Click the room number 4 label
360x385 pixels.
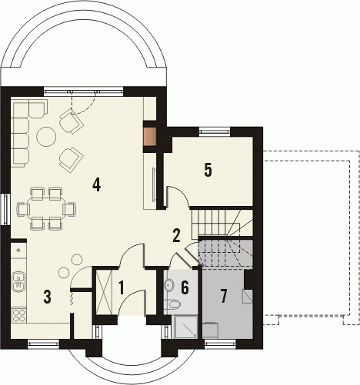tap(97, 185)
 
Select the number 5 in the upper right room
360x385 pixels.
tap(208, 170)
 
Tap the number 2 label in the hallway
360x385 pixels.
tap(176, 236)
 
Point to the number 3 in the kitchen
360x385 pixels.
tap(47, 297)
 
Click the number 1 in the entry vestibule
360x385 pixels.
tap(122, 287)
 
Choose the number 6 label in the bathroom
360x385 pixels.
tap(185, 287)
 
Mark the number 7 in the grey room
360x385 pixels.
tap(224, 297)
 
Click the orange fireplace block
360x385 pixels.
tap(150, 137)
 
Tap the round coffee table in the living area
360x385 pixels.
tap(46, 137)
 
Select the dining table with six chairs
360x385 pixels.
tap(46, 209)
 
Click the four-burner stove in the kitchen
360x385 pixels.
tap(19, 315)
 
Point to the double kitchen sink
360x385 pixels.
tap(18, 281)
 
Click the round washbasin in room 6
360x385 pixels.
tap(169, 284)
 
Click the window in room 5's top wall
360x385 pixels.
tap(215, 131)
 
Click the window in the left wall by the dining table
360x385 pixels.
tap(5, 209)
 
